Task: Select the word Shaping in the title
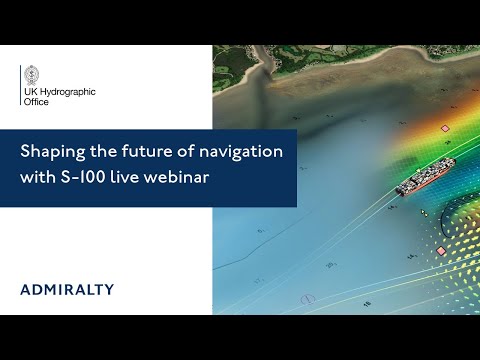click(x=50, y=153)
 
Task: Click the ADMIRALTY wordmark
click(x=67, y=290)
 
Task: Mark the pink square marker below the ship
click(x=441, y=250)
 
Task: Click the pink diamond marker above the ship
click(x=444, y=129)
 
